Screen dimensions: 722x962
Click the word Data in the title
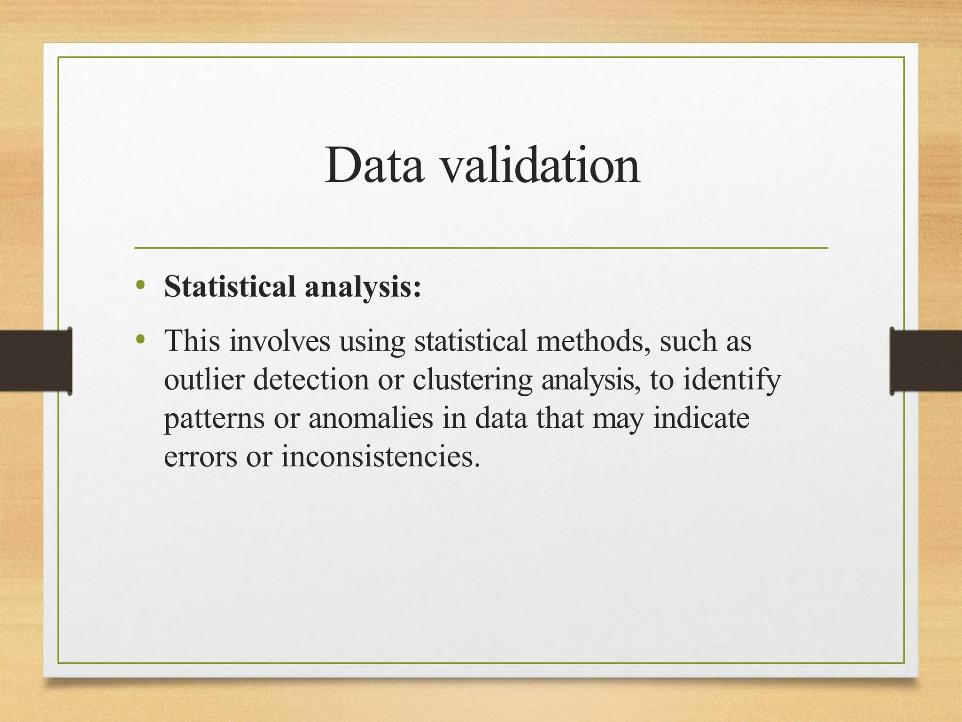tap(374, 165)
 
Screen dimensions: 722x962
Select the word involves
tap(280, 341)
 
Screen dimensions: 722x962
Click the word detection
tap(311, 379)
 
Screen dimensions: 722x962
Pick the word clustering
tap(473, 379)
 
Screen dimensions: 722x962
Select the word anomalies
tap(371, 418)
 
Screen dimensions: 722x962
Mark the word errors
tap(201, 456)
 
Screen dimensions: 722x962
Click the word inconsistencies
tap(380, 456)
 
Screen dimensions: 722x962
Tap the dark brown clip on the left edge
tap(36, 361)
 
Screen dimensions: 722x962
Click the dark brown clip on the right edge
tap(925, 361)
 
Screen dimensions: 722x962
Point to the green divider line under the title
tap(481, 248)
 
